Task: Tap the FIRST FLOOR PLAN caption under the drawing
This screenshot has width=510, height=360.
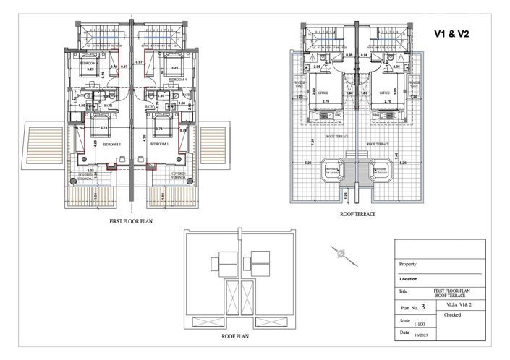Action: (131, 223)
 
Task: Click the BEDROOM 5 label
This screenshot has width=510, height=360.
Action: (111, 144)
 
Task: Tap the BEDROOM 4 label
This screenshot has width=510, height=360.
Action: (177, 79)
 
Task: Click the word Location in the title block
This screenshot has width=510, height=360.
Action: (409, 278)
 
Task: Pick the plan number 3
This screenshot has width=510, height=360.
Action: (433, 307)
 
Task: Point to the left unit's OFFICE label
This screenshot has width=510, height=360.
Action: (323, 93)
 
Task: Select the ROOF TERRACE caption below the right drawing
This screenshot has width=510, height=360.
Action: (358, 215)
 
